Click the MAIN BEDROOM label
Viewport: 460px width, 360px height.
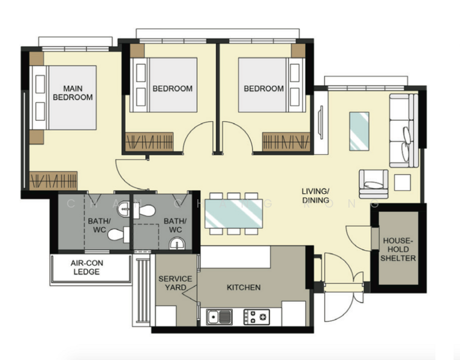click(73, 92)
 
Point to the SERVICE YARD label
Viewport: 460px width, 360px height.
click(175, 283)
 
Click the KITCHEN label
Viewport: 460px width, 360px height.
click(243, 287)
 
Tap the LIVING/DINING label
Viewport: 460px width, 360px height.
click(315, 196)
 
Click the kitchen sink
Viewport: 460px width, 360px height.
click(219, 316)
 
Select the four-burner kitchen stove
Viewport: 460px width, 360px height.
click(256, 316)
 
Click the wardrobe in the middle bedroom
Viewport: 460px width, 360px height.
click(149, 142)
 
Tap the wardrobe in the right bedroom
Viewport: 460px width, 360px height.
click(285, 142)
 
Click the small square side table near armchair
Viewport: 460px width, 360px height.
click(402, 182)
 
